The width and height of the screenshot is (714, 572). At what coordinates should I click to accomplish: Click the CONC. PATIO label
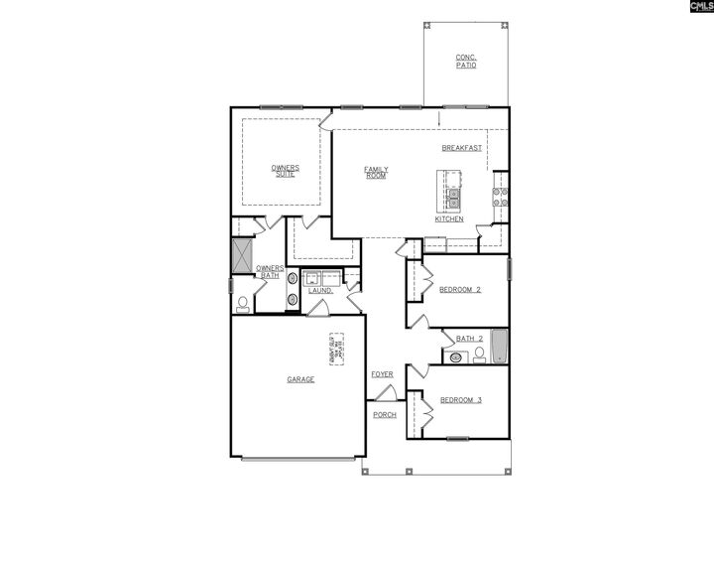tap(466, 61)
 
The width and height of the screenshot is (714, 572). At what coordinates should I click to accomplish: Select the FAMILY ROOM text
tap(376, 172)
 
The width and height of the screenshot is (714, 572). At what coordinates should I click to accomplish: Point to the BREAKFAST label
tap(462, 148)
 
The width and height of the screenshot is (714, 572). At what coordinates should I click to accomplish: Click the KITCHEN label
tap(449, 218)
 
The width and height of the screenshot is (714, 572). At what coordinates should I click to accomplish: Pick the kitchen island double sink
tap(453, 196)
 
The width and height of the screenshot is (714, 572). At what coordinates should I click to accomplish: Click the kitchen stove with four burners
tap(501, 196)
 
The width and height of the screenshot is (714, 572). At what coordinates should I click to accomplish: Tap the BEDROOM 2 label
tap(460, 290)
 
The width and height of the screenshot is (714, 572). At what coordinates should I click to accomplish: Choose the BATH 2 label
tap(469, 339)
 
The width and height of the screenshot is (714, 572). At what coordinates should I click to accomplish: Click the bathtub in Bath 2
tap(499, 347)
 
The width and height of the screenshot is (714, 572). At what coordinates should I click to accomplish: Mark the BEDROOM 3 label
tap(461, 400)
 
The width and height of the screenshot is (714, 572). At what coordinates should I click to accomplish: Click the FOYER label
tap(383, 374)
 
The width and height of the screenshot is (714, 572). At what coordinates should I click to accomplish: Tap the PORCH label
tap(385, 415)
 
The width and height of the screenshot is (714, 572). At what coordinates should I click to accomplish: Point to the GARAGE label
tap(300, 379)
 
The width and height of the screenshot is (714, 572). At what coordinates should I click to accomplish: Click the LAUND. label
tap(319, 290)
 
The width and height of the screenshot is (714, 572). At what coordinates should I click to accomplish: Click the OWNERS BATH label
tap(270, 271)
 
